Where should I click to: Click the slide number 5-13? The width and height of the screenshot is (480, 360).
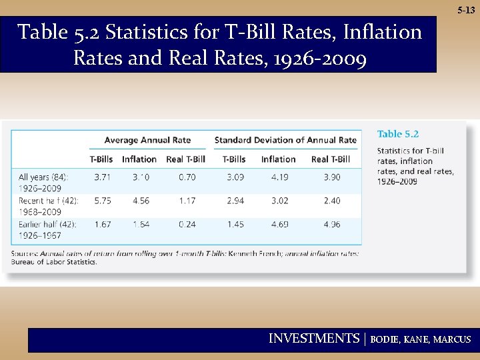466,11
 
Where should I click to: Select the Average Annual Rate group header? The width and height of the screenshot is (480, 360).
147,140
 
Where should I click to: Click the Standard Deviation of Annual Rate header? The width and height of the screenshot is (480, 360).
285,140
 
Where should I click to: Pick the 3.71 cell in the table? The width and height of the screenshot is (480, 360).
102,177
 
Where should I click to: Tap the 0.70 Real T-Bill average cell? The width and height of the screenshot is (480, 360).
187,177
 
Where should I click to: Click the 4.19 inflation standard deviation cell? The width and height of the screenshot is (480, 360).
279,177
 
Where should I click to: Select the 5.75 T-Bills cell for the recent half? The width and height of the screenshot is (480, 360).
102,201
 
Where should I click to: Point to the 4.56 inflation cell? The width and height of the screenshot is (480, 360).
141,201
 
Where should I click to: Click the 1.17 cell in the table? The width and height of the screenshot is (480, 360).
187,201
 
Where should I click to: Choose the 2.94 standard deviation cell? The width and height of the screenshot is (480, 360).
235,201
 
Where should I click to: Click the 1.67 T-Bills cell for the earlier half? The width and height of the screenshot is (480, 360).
102,224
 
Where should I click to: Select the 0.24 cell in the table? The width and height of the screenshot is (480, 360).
187,224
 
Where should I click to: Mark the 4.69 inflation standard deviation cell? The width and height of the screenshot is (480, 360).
279,224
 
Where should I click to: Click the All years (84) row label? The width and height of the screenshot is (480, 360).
43,177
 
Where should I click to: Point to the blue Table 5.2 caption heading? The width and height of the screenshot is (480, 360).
398,135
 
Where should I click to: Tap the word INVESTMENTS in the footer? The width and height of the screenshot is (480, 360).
313,339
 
